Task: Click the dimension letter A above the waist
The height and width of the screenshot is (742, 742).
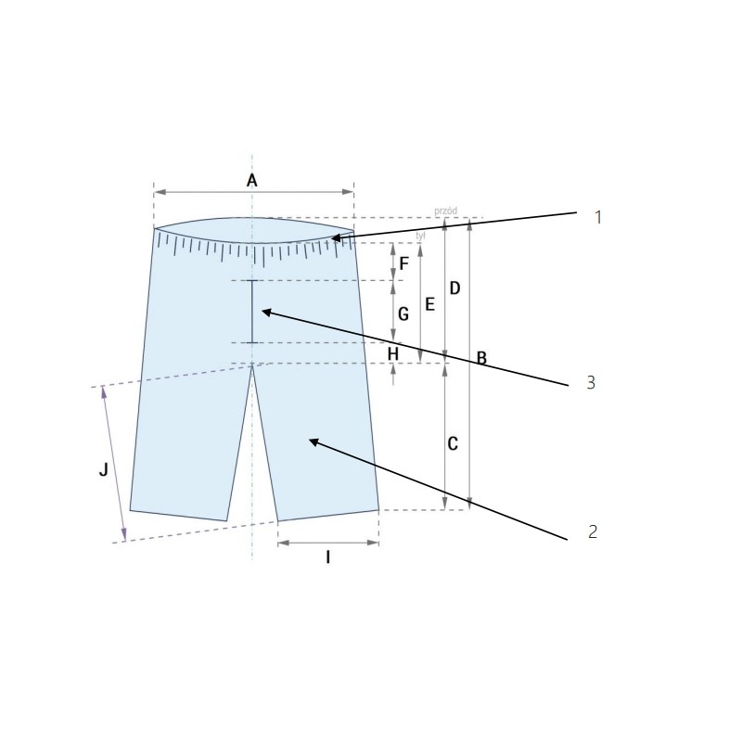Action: coord(251,181)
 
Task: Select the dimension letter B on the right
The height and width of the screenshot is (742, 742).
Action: coord(481,357)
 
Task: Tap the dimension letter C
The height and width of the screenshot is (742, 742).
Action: coord(453,444)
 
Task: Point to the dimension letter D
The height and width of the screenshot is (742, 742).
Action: coord(454,288)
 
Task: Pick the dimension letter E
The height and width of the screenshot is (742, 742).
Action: coord(429,303)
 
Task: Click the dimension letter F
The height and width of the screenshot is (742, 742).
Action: coord(403,262)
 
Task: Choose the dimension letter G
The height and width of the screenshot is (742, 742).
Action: coord(403,314)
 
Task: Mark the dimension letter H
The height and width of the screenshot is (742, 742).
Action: coord(392,353)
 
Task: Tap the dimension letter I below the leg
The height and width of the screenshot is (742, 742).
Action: coord(327,557)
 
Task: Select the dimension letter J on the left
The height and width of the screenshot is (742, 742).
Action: coord(104,470)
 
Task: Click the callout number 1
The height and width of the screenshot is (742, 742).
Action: coord(598,217)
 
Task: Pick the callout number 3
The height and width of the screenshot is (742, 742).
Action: coord(590,382)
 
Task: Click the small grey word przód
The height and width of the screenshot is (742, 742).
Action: coord(445,211)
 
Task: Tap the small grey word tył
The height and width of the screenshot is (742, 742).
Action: coord(421,236)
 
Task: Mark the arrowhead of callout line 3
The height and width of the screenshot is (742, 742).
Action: coord(262,312)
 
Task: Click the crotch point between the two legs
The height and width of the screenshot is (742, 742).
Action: coord(252,365)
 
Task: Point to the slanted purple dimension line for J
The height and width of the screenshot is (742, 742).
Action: coord(114,464)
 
